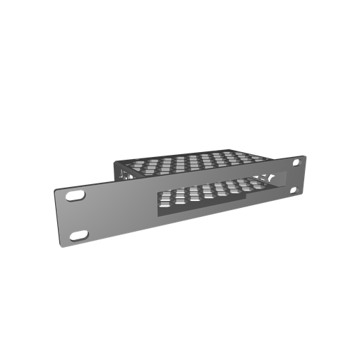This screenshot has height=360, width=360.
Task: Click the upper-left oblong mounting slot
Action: click(74, 198)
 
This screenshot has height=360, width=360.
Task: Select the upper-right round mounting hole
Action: click(296, 164)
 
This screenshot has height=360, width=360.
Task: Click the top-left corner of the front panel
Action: click(55, 189)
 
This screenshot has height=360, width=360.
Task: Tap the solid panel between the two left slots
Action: click(78, 216)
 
